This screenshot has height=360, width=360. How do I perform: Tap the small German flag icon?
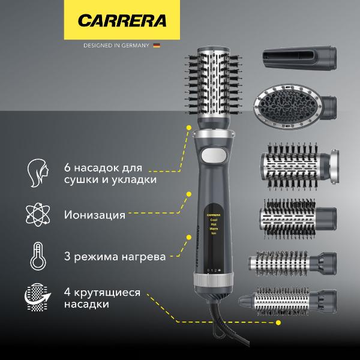[157, 45]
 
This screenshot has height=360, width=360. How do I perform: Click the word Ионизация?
[94, 214]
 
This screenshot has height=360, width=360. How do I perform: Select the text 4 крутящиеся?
[102, 292]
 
